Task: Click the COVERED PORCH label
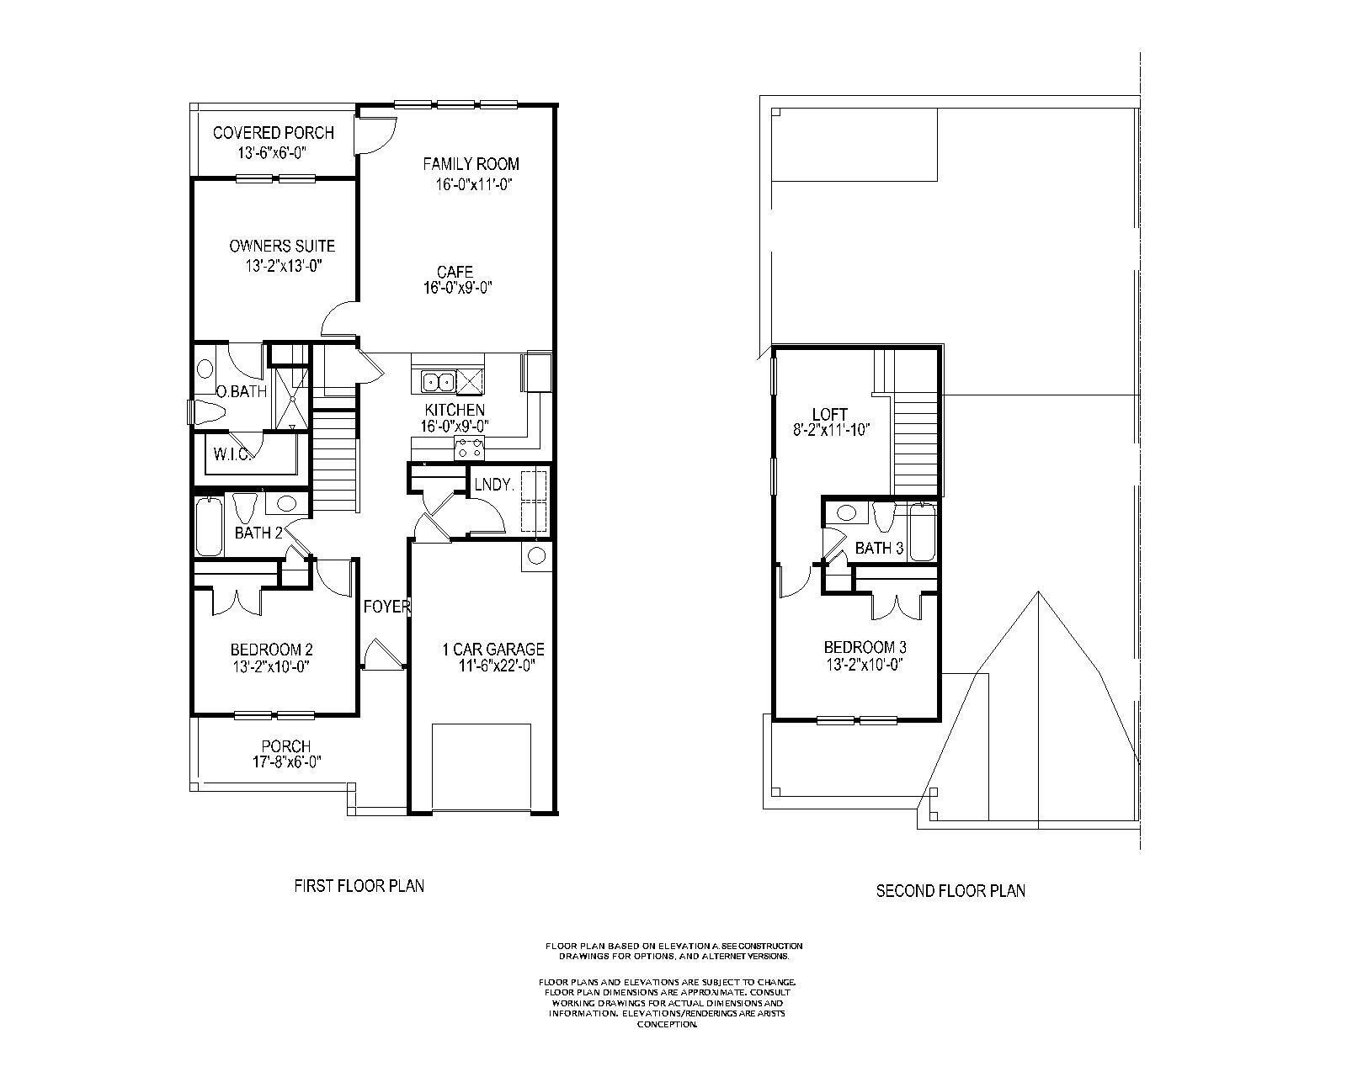pos(273,133)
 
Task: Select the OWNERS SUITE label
pos(282,246)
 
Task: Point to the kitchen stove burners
pos(470,448)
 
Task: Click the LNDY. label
pos(494,485)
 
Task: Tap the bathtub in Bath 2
pos(209,526)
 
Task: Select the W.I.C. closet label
pos(230,455)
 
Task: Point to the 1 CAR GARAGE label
pos(493,650)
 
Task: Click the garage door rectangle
pos(482,766)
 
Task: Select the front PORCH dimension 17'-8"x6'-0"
pos(286,761)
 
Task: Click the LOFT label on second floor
pos(829,414)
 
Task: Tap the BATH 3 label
pos(879,549)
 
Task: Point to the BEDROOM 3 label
pos(865,648)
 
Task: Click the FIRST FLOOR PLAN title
pos(359,885)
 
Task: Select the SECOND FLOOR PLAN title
pos(950,890)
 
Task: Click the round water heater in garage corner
pos(536,555)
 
